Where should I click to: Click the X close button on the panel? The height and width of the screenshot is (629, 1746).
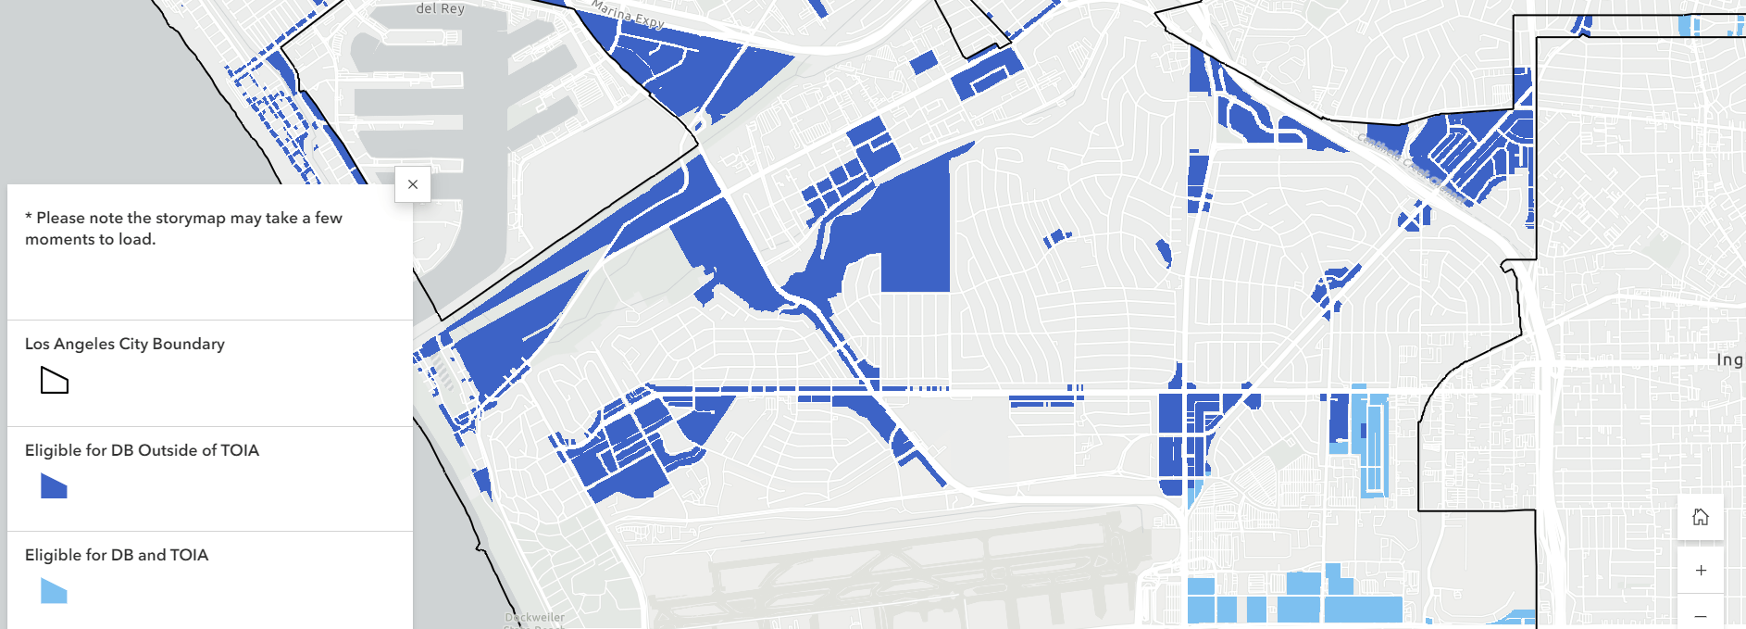coord(413,184)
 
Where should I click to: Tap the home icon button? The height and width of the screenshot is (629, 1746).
coord(1700,517)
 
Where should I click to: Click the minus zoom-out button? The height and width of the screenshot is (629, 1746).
coord(1700,616)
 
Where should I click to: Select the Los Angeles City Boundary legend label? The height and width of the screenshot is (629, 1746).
coord(125,344)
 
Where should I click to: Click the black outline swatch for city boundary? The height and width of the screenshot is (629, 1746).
coord(55,380)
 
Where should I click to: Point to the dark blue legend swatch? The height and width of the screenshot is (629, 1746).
coord(54,486)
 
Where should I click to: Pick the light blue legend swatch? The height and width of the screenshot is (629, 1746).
coord(54,591)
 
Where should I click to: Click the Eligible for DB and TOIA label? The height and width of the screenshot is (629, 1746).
coord(117,555)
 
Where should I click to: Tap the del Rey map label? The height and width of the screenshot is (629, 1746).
coord(440,8)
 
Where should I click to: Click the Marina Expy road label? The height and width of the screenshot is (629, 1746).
coord(628,14)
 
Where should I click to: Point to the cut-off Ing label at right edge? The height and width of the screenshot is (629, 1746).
coord(1729,360)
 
